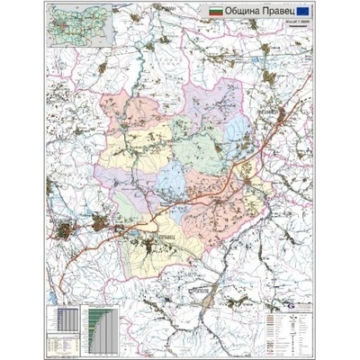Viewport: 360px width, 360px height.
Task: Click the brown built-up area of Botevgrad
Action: (x=70, y=230)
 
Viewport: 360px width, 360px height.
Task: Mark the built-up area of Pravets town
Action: (x=136, y=239)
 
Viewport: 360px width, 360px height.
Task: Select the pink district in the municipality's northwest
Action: (x=135, y=117)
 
